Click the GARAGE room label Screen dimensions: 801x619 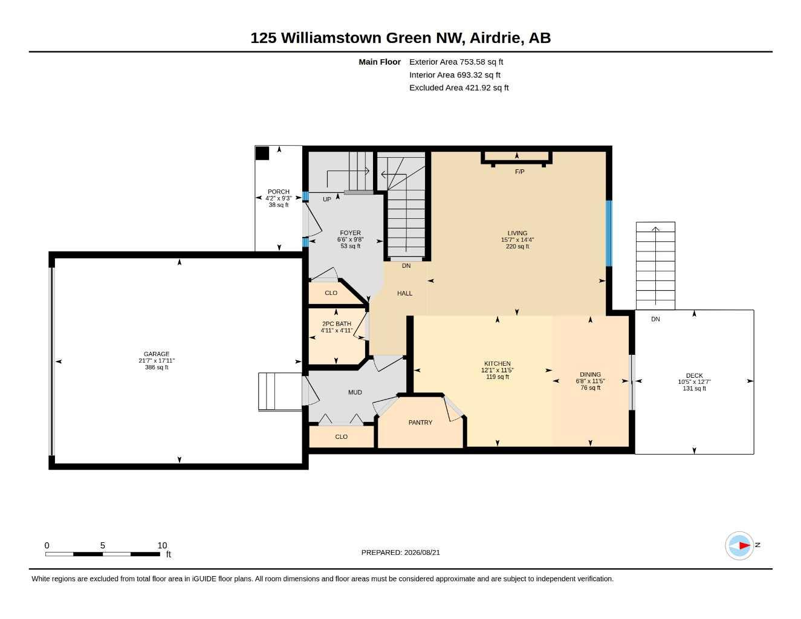[157, 354]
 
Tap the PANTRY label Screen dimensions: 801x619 [420, 423]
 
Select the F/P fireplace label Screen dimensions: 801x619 [520, 172]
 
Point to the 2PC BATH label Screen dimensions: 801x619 [337, 324]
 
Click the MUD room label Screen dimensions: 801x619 [355, 392]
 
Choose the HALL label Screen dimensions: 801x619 [404, 293]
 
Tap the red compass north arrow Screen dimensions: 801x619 [745, 545]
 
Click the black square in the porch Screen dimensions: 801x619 [262, 154]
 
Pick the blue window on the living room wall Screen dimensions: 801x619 [609, 233]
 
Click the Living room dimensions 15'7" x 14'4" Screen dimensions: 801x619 [517, 240]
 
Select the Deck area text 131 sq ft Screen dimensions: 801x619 [694, 388]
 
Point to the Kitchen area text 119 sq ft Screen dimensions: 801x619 [498, 377]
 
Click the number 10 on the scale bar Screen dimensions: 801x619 [162, 545]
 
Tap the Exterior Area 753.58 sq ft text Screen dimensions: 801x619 [456, 62]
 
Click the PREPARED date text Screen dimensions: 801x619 [400, 553]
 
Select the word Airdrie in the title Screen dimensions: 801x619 [496, 38]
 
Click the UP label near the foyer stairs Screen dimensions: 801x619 [326, 199]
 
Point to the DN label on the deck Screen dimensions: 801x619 [655, 319]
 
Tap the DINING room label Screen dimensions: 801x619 [590, 374]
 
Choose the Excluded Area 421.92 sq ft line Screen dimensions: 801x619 [459, 88]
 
